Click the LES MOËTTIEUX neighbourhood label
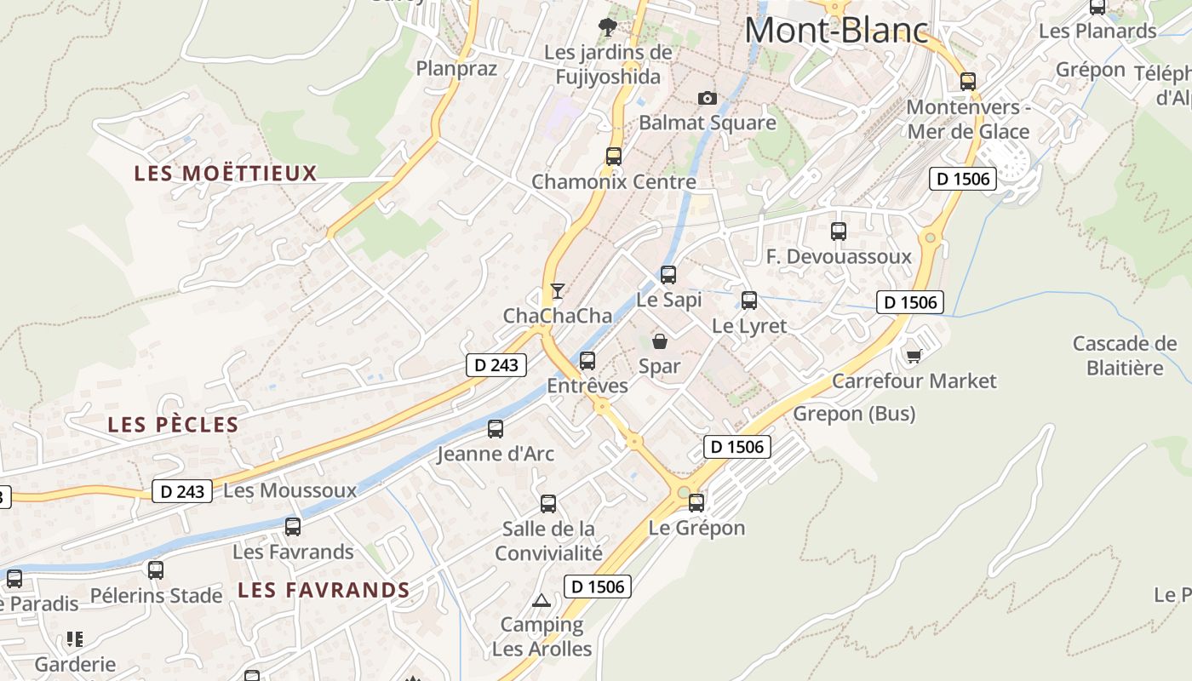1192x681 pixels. [226, 174]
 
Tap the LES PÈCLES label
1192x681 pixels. [173, 425]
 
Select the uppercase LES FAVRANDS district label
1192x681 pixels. [324, 590]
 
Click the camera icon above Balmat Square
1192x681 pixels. [708, 98]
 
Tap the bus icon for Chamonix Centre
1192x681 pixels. [614, 157]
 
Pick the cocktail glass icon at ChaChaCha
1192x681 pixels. [557, 291]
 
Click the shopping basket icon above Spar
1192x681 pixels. [660, 342]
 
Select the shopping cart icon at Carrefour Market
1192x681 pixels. [914, 356]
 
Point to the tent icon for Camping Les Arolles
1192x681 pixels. [542, 601]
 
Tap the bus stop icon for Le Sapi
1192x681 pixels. [668, 275]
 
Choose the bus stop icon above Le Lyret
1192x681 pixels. [749, 300]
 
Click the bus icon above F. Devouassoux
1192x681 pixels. [839, 232]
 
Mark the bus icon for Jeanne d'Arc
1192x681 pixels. [496, 429]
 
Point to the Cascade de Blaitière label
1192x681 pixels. [1125, 356]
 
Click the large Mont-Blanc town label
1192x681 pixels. [836, 31]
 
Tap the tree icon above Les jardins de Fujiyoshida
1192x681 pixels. [608, 27]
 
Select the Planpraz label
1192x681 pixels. [456, 68]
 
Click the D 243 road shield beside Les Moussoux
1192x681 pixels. [182, 491]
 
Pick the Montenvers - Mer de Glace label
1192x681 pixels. [968, 119]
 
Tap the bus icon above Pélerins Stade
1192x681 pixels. [156, 570]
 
